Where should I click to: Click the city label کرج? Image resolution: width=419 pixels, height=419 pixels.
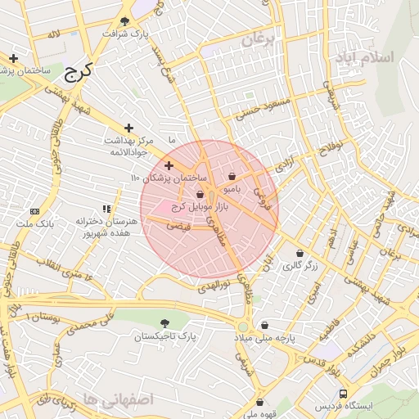pyautogui.click(x=79, y=71)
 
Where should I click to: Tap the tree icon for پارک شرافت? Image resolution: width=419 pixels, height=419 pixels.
pyautogui.click(x=124, y=21)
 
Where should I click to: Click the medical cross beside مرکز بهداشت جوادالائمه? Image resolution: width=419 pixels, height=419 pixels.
pyautogui.click(x=128, y=128)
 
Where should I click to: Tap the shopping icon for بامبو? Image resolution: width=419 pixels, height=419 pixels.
pyautogui.click(x=232, y=176)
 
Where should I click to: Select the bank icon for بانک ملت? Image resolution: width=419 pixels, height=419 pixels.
pyautogui.click(x=34, y=210)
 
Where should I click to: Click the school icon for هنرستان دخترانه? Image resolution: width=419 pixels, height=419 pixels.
pyautogui.click(x=106, y=209)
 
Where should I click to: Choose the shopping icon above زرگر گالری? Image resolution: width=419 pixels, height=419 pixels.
pyautogui.click(x=300, y=253)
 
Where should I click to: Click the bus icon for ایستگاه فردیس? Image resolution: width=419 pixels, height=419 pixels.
pyautogui.click(x=343, y=393)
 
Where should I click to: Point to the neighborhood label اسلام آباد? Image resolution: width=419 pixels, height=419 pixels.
pyautogui.click(x=363, y=58)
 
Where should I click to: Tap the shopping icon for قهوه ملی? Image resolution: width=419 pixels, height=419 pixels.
pyautogui.click(x=259, y=402)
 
